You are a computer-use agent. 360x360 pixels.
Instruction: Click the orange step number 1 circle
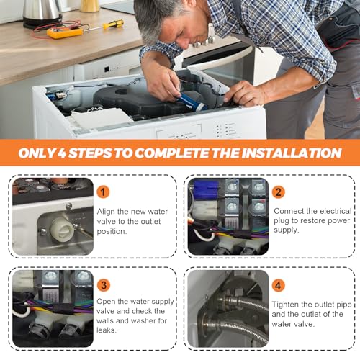103,192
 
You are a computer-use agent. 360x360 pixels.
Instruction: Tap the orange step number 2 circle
279,192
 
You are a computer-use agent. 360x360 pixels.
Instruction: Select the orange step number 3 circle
104,285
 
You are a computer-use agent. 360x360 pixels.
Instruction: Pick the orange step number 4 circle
278,285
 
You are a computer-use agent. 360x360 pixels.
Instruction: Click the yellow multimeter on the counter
65,32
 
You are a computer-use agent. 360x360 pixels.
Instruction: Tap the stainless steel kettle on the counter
42,13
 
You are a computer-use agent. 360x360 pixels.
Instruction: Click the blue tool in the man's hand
193,102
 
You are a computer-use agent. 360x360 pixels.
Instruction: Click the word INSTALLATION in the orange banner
292,153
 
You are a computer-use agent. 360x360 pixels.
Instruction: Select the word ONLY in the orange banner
37,153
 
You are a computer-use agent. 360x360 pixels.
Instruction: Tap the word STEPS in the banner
90,153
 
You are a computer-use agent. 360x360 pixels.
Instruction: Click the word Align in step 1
106,212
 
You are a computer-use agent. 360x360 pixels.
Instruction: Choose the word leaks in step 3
107,330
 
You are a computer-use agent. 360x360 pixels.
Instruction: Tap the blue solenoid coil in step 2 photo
206,189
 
